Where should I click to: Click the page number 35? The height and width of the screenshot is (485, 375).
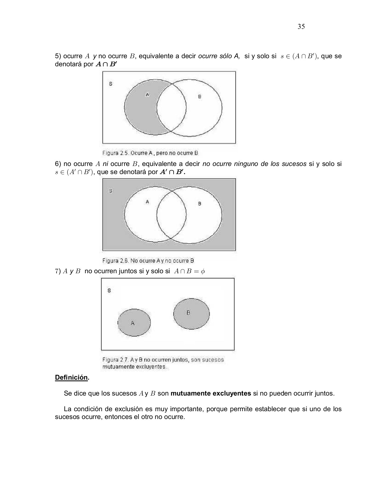pyautogui.click(x=301, y=27)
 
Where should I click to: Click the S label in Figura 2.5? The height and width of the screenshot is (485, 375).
pyautogui.click(x=111, y=84)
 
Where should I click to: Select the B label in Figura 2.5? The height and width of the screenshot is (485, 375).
pyautogui.click(x=199, y=96)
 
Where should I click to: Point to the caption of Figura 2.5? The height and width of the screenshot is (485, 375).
pyautogui.click(x=150, y=153)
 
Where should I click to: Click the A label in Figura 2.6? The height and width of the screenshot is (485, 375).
pyautogui.click(x=147, y=202)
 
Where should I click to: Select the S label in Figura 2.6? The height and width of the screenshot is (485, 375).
pyautogui.click(x=111, y=191)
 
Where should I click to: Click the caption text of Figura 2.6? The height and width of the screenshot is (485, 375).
pyautogui.click(x=148, y=261)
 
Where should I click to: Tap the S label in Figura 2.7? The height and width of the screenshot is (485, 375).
pyautogui.click(x=109, y=290)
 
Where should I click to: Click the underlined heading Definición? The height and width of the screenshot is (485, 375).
pyautogui.click(x=71, y=377)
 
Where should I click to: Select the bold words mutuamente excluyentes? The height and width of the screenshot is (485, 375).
pyautogui.click(x=211, y=393)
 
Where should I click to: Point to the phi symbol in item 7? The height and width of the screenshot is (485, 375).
pyautogui.click(x=203, y=271)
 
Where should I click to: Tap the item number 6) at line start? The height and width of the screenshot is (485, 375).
pyautogui.click(x=59, y=164)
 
